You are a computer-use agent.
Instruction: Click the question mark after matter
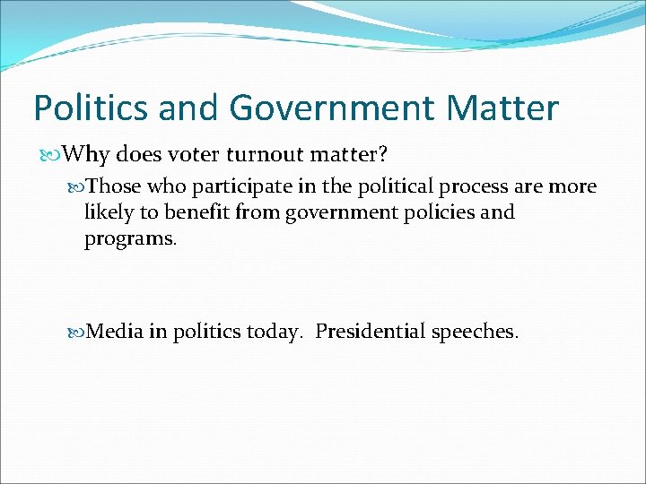tap(383, 154)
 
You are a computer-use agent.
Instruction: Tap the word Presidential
tap(370, 332)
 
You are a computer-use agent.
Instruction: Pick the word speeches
tap(474, 332)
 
